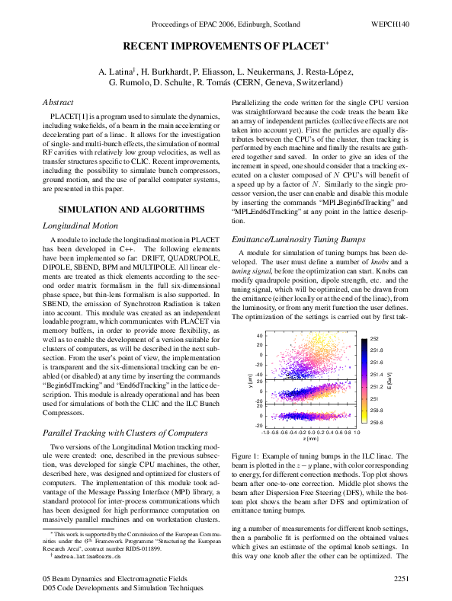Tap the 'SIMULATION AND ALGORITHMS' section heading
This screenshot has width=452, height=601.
click(x=131, y=209)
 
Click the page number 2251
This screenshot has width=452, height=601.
click(x=402, y=580)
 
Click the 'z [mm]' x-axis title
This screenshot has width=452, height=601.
click(x=310, y=439)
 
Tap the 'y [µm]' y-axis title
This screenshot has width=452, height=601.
click(x=250, y=380)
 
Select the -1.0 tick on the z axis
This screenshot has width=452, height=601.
click(x=266, y=431)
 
